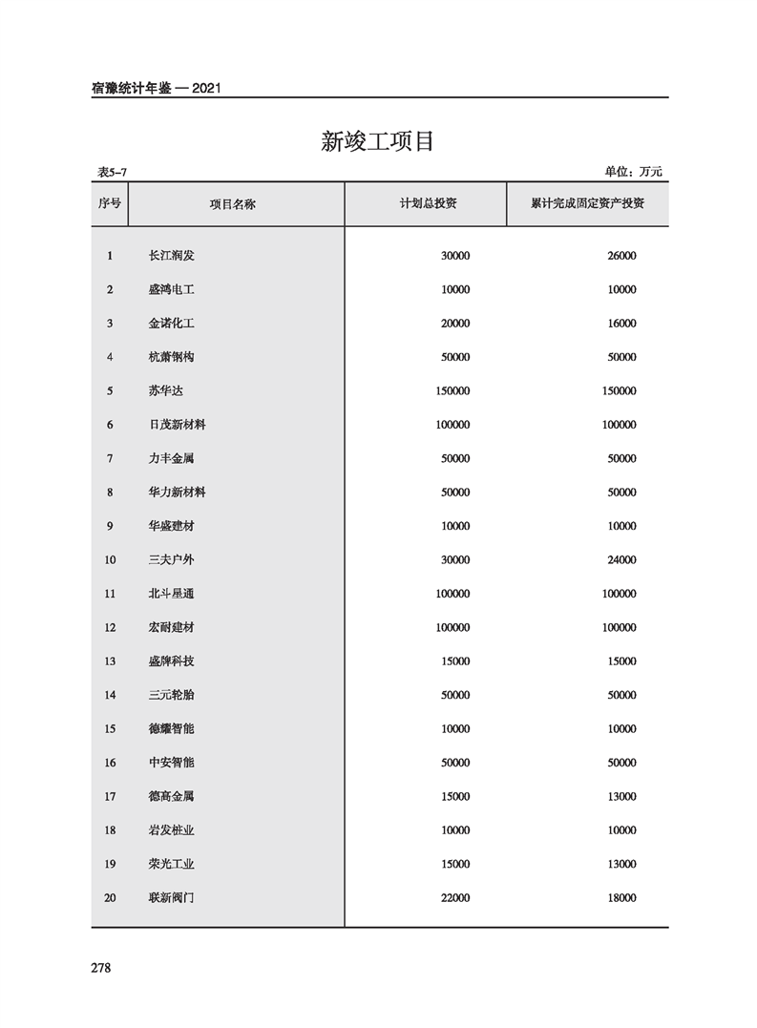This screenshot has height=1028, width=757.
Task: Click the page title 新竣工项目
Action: pos(377,142)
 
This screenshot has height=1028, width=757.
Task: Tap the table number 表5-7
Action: pos(112,172)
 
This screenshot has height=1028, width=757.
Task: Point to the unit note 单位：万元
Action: pos(633,172)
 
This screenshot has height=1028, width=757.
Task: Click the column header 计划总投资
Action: pos(428,204)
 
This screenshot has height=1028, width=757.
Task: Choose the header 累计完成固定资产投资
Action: pos(587,204)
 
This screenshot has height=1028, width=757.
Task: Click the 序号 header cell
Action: pos(110,204)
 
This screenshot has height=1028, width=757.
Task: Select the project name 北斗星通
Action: pos(171,594)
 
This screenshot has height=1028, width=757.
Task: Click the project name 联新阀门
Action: pos(171,898)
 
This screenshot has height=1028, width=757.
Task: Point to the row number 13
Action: pos(110,661)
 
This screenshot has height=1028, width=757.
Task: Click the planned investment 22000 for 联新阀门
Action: pos(455,898)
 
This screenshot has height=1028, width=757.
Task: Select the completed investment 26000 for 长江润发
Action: pos(621,256)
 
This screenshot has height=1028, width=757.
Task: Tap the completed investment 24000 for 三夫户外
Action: pos(621,560)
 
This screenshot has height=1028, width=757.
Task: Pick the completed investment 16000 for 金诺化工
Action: pos(621,324)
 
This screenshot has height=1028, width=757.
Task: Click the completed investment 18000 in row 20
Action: pos(621,898)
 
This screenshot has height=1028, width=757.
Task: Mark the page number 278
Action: pos(101,968)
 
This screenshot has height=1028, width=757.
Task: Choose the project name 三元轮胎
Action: pos(171,695)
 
